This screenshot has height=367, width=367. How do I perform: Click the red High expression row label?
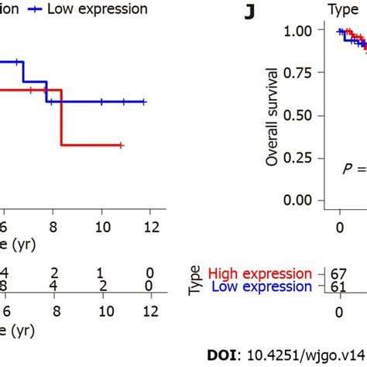click(260, 273)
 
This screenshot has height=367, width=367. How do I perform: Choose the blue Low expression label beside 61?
click(262, 287)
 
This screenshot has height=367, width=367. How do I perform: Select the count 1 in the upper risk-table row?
click(101, 273)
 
